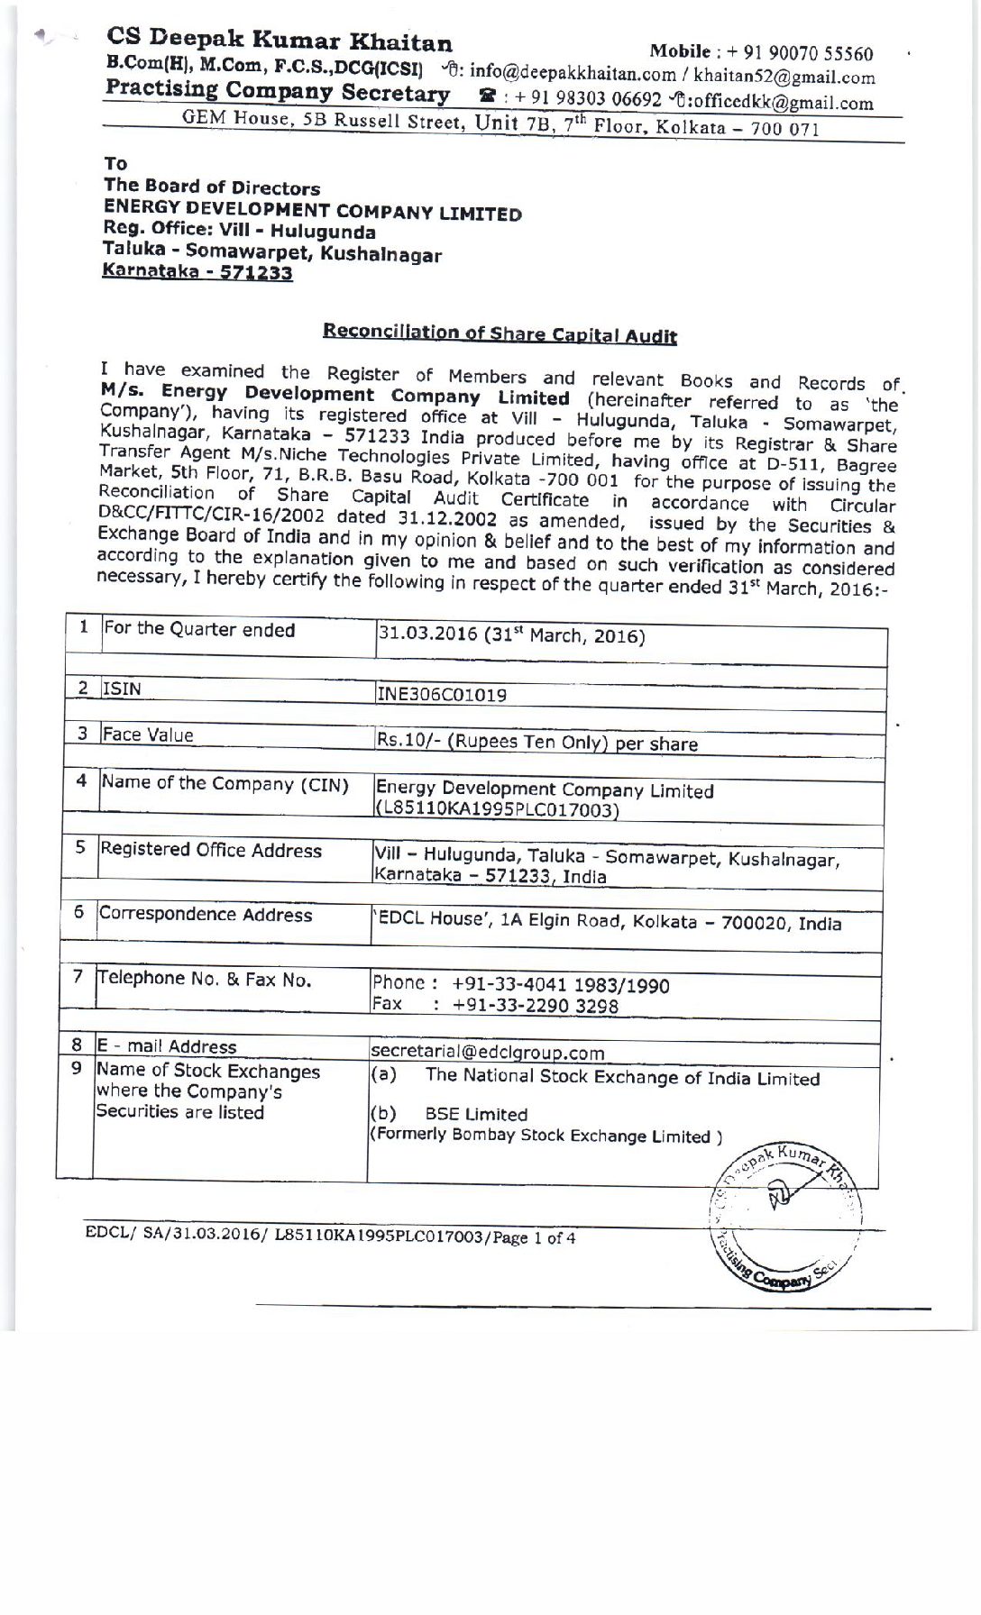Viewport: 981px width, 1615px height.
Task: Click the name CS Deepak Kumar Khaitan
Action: (x=280, y=40)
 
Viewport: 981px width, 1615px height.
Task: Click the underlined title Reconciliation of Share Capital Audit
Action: (x=500, y=333)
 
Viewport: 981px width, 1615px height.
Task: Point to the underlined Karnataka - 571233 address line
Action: (x=197, y=271)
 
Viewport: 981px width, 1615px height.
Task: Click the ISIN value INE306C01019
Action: (x=442, y=694)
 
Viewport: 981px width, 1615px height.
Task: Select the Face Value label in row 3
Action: (x=148, y=735)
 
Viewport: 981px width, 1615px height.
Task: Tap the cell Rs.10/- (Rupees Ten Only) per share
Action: (x=537, y=743)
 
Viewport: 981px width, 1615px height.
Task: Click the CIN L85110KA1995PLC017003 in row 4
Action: (x=497, y=809)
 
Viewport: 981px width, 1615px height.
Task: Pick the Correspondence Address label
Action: (x=206, y=914)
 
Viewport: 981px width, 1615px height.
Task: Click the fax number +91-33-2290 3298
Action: (x=536, y=1006)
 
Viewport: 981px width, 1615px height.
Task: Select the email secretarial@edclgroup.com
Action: (x=487, y=1052)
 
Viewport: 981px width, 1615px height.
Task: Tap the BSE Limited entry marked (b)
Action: (x=476, y=1114)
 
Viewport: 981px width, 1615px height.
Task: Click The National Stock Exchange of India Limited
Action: (x=622, y=1078)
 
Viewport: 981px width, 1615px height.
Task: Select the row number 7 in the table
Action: (x=78, y=976)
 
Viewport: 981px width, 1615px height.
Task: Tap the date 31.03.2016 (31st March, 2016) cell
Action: (x=510, y=635)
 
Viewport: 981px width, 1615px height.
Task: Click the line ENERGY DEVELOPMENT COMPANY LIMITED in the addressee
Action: (x=312, y=211)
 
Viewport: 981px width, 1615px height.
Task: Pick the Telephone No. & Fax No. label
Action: (x=205, y=979)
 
